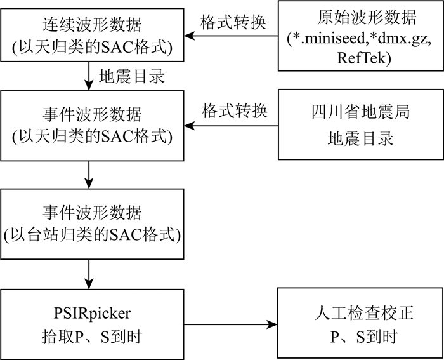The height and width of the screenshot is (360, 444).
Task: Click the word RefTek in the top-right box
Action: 364,58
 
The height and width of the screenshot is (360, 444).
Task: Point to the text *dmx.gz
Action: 400,39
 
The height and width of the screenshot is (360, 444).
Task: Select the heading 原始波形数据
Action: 367,18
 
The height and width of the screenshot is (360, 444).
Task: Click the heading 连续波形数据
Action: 92,25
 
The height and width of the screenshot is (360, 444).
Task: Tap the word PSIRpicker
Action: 93,314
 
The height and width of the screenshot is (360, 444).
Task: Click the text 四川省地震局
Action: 361,112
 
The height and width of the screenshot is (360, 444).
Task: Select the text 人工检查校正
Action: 363,313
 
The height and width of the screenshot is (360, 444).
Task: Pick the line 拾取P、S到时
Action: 92,337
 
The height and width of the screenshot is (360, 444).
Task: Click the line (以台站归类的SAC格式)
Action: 92,235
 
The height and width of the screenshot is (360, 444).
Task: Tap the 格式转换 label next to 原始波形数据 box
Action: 233,22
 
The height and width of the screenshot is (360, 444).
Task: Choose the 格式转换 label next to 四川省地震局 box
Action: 235,110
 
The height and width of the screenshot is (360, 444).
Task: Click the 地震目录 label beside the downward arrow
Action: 132,76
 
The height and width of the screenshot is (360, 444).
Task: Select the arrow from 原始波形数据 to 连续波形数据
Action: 231,36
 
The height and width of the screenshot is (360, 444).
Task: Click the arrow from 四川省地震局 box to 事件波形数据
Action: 231,126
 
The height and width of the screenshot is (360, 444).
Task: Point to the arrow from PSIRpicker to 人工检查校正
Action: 230,324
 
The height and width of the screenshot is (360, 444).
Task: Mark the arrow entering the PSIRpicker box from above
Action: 89,274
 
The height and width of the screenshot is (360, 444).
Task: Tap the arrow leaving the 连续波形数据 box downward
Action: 89,76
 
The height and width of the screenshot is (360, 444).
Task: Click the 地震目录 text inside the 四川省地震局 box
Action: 361,139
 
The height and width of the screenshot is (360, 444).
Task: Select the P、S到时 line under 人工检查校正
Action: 363,337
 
